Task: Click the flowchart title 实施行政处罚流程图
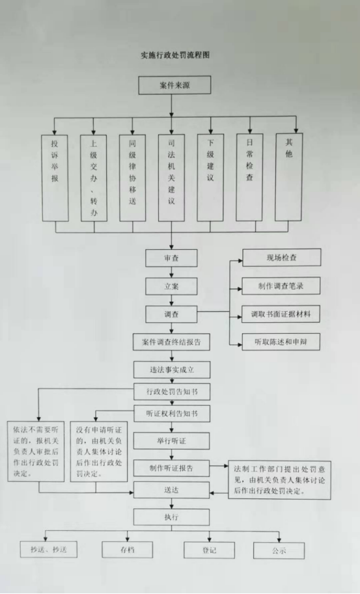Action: coord(175,55)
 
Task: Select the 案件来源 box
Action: coord(174,85)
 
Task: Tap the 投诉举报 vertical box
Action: coord(55,178)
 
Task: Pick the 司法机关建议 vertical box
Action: coord(171,178)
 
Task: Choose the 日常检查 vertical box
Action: coord(249,177)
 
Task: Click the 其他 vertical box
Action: coord(289,176)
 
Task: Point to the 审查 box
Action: coord(171,258)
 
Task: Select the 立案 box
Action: coord(171,286)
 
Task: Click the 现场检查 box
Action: coord(282,258)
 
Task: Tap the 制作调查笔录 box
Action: coord(281,286)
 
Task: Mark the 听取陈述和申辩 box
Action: coord(281,342)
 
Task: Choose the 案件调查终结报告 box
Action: coord(171,342)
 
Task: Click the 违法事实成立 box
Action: coord(172,370)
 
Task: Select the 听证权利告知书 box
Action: coord(172,413)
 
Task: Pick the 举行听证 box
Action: coord(171,440)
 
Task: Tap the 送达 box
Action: coord(171,490)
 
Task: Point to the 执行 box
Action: coord(171,517)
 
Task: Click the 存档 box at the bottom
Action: coord(128,549)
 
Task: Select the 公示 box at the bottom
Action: coord(279,550)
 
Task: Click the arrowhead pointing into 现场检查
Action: coord(240,261)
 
